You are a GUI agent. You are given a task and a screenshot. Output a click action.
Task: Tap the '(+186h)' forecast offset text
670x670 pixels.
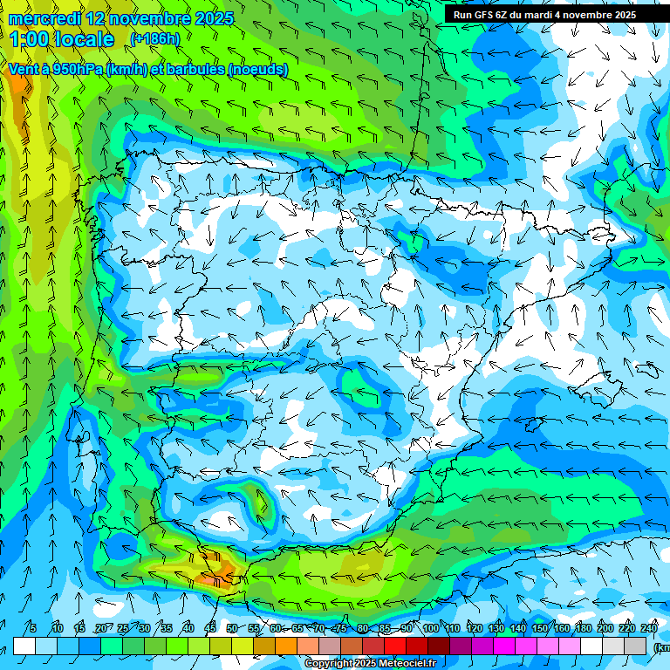pyautogui.click(x=154, y=38)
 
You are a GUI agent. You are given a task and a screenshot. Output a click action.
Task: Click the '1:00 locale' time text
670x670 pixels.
pyautogui.click(x=62, y=39)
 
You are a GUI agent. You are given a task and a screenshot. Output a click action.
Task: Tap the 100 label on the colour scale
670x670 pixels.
pyautogui.click(x=430, y=628)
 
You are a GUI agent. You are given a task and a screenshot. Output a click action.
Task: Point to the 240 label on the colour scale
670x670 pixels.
pyautogui.click(x=649, y=628)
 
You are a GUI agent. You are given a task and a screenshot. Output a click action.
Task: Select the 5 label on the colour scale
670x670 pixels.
pyautogui.click(x=33, y=628)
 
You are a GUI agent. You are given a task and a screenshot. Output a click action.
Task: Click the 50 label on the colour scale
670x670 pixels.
pyautogui.click(x=231, y=628)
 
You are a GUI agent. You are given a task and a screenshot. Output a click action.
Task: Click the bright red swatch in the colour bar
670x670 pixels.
pyautogui.click(x=396, y=646)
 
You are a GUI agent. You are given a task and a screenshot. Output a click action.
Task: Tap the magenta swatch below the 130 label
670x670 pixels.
pyautogui.click(x=505, y=646)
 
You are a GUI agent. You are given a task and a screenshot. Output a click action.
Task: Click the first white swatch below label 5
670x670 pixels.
pyautogui.click(x=24, y=646)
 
